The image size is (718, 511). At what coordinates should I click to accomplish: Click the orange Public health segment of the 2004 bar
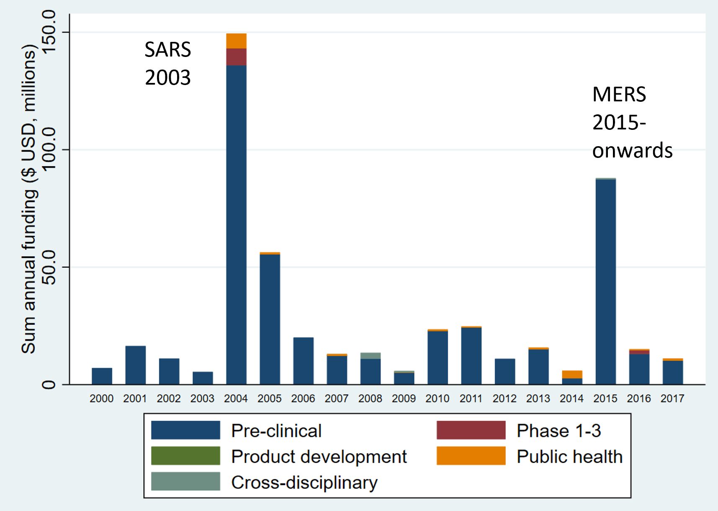236,41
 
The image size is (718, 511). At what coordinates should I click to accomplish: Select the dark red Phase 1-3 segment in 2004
236,57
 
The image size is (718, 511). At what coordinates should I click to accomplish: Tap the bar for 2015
605,281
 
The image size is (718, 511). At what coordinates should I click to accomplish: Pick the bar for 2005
270,318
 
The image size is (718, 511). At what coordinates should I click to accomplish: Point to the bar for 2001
135,365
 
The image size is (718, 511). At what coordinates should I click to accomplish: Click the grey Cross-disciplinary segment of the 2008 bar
371,356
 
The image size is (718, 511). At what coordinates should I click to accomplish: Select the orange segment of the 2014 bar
572,374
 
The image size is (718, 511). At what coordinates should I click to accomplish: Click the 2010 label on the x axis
437,398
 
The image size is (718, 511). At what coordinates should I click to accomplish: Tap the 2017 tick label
672,398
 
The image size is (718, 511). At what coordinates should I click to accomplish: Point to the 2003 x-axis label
202,398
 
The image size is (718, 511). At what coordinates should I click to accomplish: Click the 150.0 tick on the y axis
49,32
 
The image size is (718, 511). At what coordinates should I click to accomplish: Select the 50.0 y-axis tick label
49,267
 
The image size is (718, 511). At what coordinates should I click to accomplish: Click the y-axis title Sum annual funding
29,199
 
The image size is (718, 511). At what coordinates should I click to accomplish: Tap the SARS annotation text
167,50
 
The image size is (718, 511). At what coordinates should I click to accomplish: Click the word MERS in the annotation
619,95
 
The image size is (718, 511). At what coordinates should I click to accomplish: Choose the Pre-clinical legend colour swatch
185,430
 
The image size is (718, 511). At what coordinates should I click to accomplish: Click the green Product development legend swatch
185,456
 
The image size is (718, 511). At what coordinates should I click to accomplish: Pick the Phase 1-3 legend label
558,431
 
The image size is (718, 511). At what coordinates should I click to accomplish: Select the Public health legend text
569,457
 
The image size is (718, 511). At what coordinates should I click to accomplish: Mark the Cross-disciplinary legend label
304,483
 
